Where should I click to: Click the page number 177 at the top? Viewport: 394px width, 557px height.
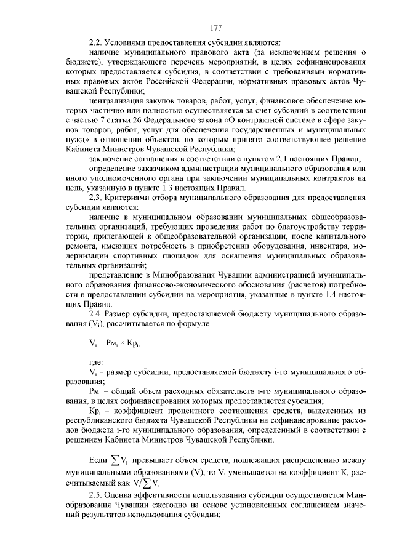[215, 28]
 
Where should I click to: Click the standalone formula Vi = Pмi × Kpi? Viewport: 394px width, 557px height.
[116, 343]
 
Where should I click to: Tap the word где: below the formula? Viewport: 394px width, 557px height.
[96, 363]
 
